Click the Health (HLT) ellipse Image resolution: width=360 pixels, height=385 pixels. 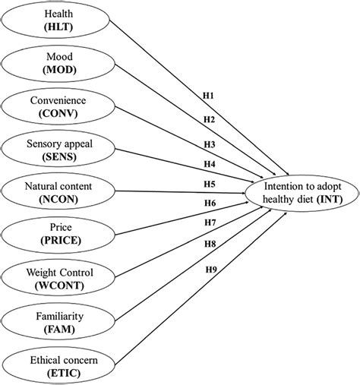point(52,21)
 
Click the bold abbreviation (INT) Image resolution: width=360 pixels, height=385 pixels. point(329,198)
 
